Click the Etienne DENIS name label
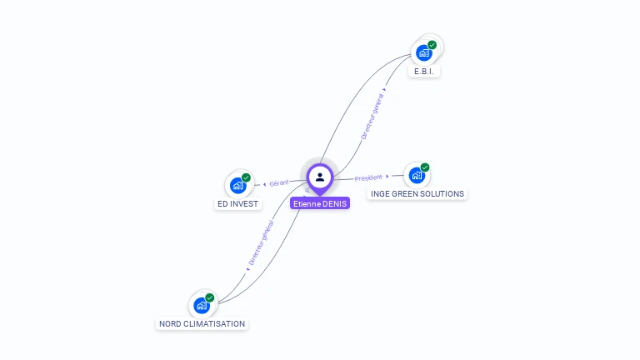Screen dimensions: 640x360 click(x=320, y=202)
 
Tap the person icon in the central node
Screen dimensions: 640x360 click(x=320, y=177)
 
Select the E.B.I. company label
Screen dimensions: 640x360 click(x=424, y=72)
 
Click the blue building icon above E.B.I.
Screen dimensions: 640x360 click(x=424, y=53)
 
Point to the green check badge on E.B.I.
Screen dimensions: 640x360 click(x=432, y=45)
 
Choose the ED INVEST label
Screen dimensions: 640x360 click(x=238, y=203)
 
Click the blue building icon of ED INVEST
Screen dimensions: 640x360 click(x=238, y=185)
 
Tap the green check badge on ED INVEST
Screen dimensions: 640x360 click(x=246, y=177)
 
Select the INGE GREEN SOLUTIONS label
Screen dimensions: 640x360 click(x=417, y=194)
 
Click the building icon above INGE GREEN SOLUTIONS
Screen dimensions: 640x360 click(x=417, y=175)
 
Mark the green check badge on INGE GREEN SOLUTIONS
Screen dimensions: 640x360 click(x=425, y=167)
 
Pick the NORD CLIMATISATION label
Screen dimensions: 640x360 click(x=202, y=323)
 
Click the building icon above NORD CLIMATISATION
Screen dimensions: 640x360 click(x=202, y=305)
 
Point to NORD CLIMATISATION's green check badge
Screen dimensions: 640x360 click(x=209, y=297)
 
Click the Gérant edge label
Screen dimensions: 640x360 click(x=278, y=182)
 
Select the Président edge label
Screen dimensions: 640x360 click(x=368, y=177)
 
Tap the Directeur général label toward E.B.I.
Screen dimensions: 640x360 click(x=372, y=116)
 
